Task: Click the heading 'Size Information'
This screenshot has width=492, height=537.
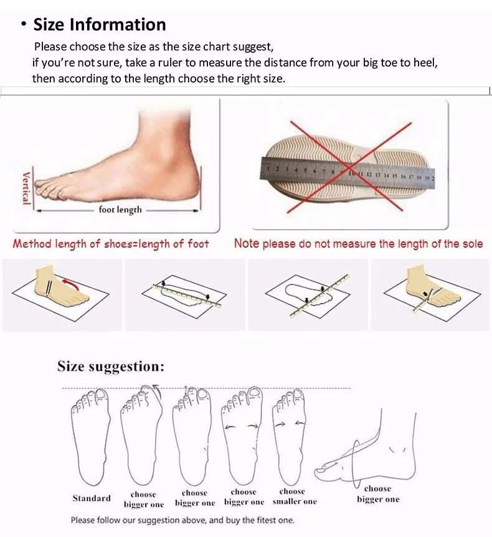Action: click(x=100, y=24)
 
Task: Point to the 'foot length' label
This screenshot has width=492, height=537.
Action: click(x=120, y=210)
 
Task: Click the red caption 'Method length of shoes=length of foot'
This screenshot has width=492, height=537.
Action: click(x=111, y=244)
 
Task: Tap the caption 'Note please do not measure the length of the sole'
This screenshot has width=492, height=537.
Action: click(x=358, y=244)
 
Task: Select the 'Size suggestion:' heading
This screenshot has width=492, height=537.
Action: click(x=111, y=366)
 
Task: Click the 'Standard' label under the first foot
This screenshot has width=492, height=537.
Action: click(x=92, y=498)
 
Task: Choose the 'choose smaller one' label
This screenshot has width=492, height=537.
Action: click(x=294, y=497)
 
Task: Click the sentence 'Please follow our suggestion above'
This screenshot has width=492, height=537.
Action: click(x=182, y=520)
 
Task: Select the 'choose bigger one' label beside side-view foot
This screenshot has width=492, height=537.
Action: click(x=377, y=494)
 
